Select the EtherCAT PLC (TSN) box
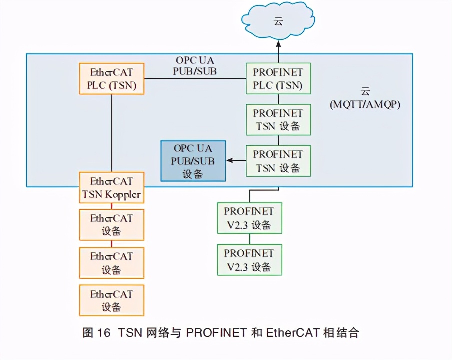[x=112, y=78]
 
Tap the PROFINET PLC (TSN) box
[x=278, y=78]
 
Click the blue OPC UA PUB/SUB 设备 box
[x=193, y=161]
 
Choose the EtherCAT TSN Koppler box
[x=112, y=187]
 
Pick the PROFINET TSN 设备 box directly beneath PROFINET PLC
[x=278, y=120]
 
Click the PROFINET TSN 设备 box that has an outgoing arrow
[x=278, y=161]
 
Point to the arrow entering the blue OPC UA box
[x=235, y=161]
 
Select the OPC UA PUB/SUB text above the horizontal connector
[x=195, y=65]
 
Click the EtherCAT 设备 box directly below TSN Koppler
[x=112, y=225]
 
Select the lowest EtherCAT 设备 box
[x=112, y=300]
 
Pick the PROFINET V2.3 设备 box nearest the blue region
[x=249, y=218]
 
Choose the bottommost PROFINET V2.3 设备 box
[x=249, y=260]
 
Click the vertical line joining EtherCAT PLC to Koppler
[x=111, y=133]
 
